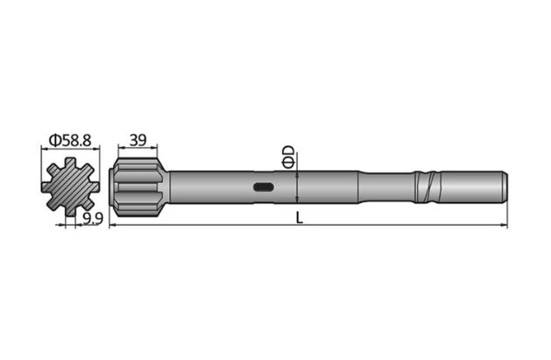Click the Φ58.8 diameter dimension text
point(70,139)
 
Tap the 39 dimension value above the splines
point(138,139)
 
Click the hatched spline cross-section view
point(69,187)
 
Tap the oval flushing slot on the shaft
point(263,187)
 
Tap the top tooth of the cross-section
point(69,163)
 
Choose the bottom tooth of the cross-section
point(69,209)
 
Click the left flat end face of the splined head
point(112,187)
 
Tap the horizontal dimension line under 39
point(138,149)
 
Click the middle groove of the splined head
point(140,187)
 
